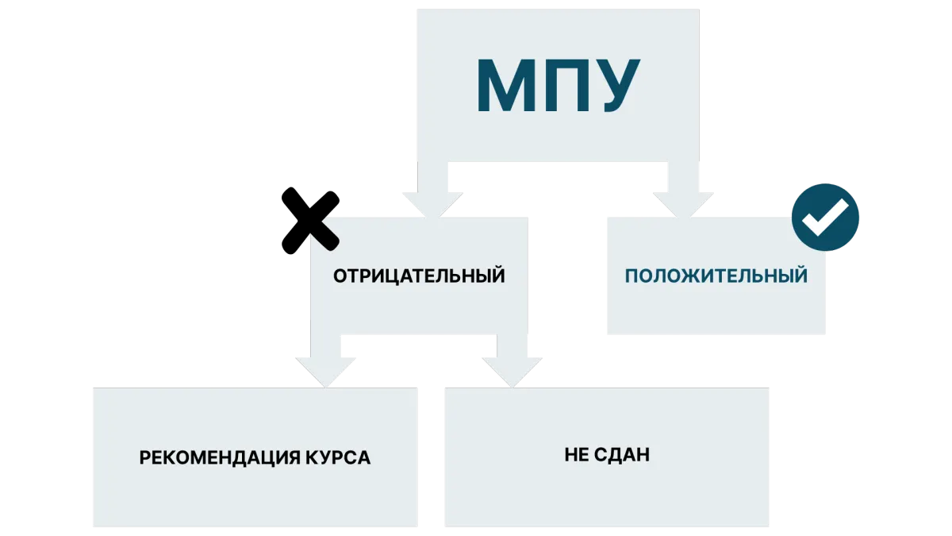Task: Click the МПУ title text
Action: [558, 85]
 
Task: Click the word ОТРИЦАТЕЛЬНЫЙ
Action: [419, 276]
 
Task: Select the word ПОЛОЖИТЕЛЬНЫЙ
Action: [716, 276]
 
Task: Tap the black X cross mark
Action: [310, 221]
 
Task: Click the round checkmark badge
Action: [825, 218]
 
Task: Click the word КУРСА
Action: [338, 457]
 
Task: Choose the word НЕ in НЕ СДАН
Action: [576, 455]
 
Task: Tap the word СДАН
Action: [622, 455]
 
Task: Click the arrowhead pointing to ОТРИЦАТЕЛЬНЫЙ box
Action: [432, 205]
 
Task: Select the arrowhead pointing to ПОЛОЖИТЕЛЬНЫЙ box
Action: [683, 205]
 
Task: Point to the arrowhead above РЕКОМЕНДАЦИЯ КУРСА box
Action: [325, 372]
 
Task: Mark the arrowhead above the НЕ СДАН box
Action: [512, 372]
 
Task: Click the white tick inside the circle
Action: [824, 218]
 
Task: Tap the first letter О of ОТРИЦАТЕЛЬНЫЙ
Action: [340, 276]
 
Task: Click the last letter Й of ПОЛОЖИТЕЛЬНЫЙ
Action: [800, 275]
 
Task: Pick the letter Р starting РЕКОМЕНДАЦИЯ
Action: [145, 457]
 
